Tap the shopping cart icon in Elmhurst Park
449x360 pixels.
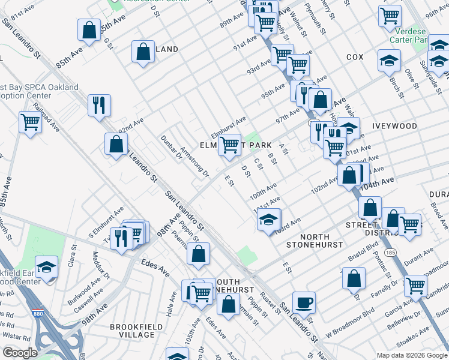pos(229,145)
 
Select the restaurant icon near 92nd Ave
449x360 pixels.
pos(98,104)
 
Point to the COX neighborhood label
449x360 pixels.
pos(355,57)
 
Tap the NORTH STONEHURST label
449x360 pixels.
pos(315,240)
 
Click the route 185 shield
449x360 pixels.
pos(390,247)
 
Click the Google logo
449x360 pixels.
pos(20,353)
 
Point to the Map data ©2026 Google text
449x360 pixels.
pos(412,355)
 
